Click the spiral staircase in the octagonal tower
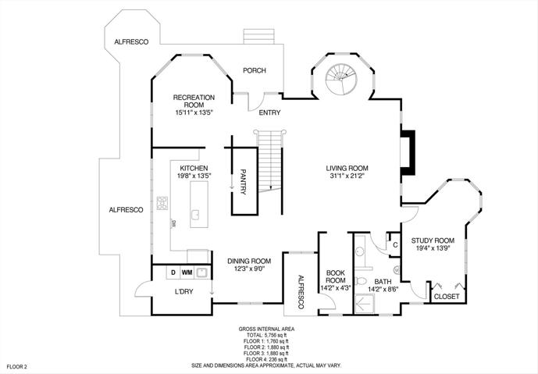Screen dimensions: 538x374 point(341,79)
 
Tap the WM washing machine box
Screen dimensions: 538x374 point(187,272)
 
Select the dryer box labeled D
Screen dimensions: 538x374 point(173,272)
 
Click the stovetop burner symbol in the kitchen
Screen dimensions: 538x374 point(162,203)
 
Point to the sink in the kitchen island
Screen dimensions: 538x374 point(195,215)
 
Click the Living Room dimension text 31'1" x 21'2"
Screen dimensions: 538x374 point(347,176)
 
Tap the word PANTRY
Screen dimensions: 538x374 point(244,182)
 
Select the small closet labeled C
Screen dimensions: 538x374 point(395,244)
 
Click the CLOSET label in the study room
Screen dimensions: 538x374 point(447,297)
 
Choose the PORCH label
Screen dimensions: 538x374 point(255,70)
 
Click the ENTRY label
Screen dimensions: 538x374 point(269,112)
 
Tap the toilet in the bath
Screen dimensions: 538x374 point(361,281)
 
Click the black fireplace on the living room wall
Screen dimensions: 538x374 point(408,152)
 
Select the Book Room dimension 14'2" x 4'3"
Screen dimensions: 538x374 point(335,288)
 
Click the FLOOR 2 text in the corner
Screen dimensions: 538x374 point(16,366)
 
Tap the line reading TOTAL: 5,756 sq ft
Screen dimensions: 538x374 point(266,335)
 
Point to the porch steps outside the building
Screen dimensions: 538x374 point(259,37)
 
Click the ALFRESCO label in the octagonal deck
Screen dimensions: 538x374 point(131,42)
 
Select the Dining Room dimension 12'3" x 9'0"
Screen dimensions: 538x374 point(249,269)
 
